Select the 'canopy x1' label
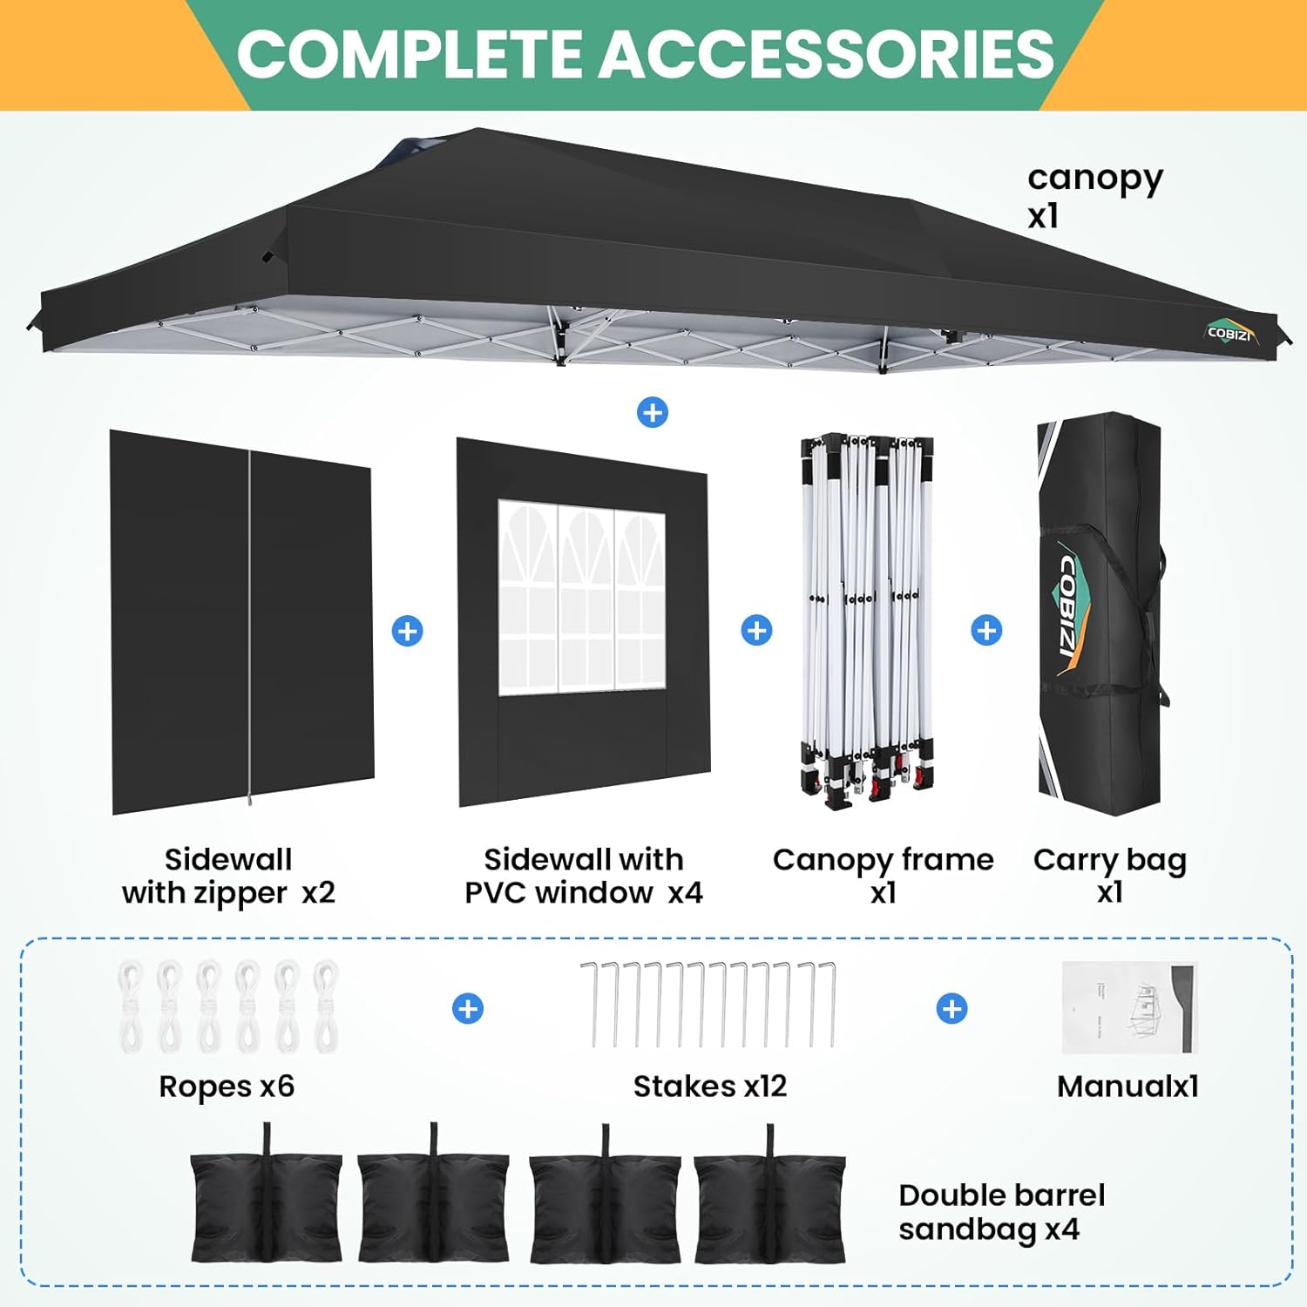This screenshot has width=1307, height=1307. (x=1094, y=195)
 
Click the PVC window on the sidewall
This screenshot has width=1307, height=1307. (x=581, y=598)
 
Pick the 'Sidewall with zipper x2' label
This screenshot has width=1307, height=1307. (x=228, y=876)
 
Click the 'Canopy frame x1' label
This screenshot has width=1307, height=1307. (x=883, y=876)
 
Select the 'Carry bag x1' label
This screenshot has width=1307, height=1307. (x=1109, y=876)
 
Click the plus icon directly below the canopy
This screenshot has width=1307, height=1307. (x=653, y=412)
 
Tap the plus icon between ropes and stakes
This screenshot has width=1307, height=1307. (x=468, y=1009)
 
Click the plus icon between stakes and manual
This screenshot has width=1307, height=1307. (x=951, y=1009)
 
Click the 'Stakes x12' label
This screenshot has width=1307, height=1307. (x=709, y=1087)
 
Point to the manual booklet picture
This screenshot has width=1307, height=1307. (x=1129, y=1007)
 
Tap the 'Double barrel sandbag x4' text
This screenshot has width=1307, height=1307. (x=1001, y=1212)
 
